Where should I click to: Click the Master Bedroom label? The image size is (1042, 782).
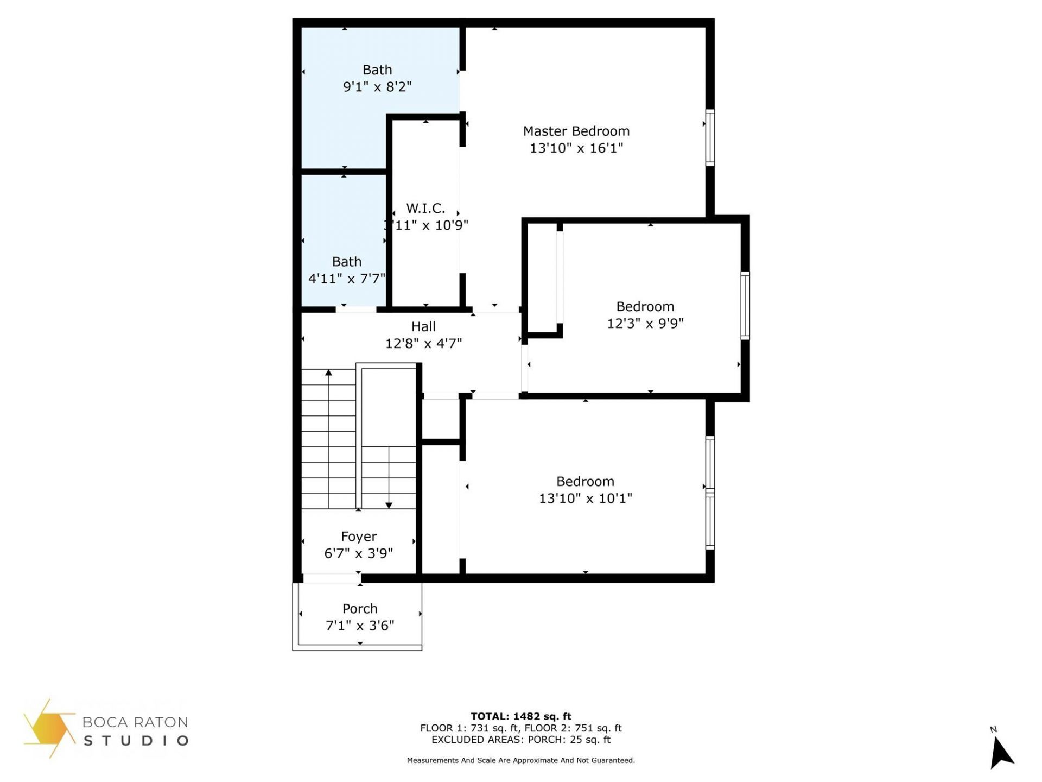pyautogui.click(x=576, y=131)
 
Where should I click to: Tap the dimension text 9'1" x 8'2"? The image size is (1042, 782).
pyautogui.click(x=377, y=87)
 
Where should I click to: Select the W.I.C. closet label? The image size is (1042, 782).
pyautogui.click(x=425, y=208)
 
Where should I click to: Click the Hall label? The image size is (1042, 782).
pyautogui.click(x=423, y=326)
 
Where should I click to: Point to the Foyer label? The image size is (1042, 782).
pyautogui.click(x=359, y=537)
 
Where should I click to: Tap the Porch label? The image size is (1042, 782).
pyautogui.click(x=360, y=609)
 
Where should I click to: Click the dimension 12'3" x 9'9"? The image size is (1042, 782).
pyautogui.click(x=645, y=324)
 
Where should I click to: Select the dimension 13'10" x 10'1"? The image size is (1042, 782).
pyautogui.click(x=585, y=499)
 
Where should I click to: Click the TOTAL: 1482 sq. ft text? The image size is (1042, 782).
pyautogui.click(x=520, y=716)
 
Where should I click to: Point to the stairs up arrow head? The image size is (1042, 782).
pyautogui.click(x=328, y=373)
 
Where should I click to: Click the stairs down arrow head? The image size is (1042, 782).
pyautogui.click(x=389, y=506)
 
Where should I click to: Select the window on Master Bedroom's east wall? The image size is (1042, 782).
pyautogui.click(x=709, y=137)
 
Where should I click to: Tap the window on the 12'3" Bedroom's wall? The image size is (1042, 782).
pyautogui.click(x=745, y=306)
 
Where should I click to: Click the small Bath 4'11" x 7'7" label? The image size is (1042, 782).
pyautogui.click(x=347, y=262)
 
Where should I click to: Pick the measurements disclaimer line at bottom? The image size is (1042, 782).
pyautogui.click(x=520, y=760)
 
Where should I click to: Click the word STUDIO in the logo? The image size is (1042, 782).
pyautogui.click(x=136, y=740)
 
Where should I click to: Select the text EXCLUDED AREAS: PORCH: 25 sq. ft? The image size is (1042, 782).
pyautogui.click(x=520, y=740)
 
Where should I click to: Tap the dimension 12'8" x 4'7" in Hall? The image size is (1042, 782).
pyautogui.click(x=423, y=344)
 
